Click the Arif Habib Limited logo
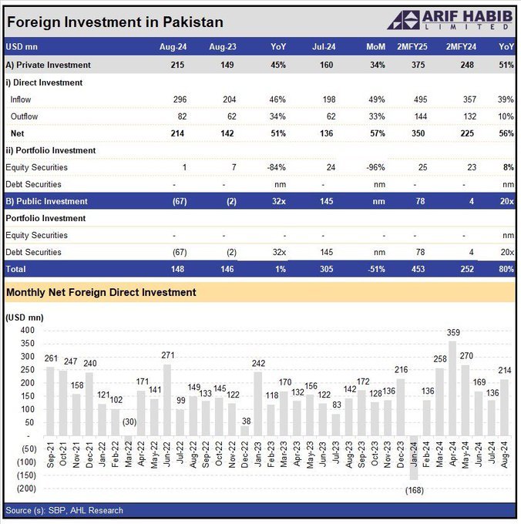tap(450, 20)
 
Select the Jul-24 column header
tap(324, 47)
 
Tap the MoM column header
tap(375, 47)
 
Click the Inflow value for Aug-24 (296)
tap(180, 99)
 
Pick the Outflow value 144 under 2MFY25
tap(420, 116)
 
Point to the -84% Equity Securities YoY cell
tap(277, 167)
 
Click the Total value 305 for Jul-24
tap(326, 269)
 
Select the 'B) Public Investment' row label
tap(46, 202)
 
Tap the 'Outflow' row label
tap(24, 116)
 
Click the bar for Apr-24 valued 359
tap(452, 388)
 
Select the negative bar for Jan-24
tap(414, 458)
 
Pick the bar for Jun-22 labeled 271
tap(167, 400)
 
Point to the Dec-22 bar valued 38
tap(245, 431)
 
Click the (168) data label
tap(415, 490)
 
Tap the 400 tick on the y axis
tap(28, 330)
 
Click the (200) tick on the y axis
tap(26, 489)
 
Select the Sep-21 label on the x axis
tap(50, 455)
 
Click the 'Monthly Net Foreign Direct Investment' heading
tap(101, 292)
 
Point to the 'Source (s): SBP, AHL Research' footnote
tap(64, 510)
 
